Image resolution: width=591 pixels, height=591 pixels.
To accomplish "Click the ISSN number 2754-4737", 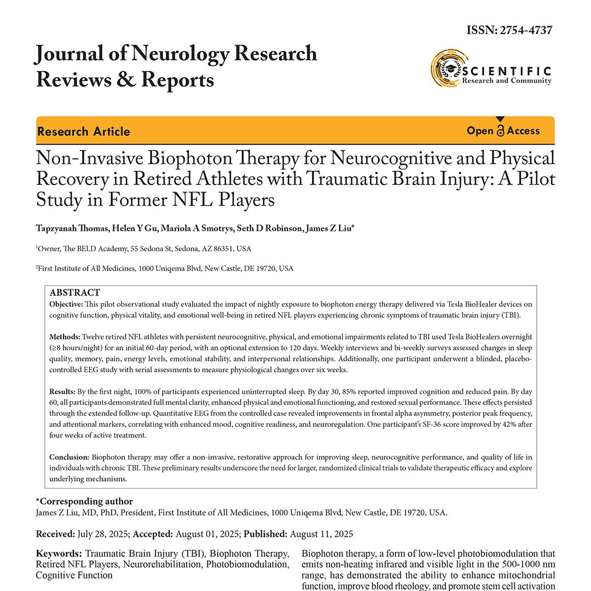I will pyautogui.click(x=526, y=30).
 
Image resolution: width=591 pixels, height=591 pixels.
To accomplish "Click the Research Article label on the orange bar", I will pyautogui.click(x=84, y=131).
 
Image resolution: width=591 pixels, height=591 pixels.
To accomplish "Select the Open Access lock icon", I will pyautogui.click(x=500, y=131).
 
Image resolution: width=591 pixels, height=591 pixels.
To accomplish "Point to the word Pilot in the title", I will pyautogui.click(x=528, y=179).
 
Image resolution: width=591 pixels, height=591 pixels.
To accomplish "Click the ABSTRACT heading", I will pyautogui.click(x=75, y=293).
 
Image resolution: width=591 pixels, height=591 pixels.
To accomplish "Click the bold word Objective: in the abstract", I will pyautogui.click(x=66, y=304).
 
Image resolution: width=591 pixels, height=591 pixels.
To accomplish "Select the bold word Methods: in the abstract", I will pyautogui.click(x=65, y=337).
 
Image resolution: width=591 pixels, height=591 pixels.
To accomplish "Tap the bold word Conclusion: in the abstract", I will pyautogui.click(x=69, y=456).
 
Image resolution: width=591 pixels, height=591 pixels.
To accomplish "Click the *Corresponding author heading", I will pyautogui.click(x=84, y=501).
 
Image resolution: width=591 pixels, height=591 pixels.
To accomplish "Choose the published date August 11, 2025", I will pyautogui.click(x=321, y=534).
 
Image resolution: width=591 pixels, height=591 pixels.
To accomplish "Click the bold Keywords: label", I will pyautogui.click(x=59, y=554).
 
